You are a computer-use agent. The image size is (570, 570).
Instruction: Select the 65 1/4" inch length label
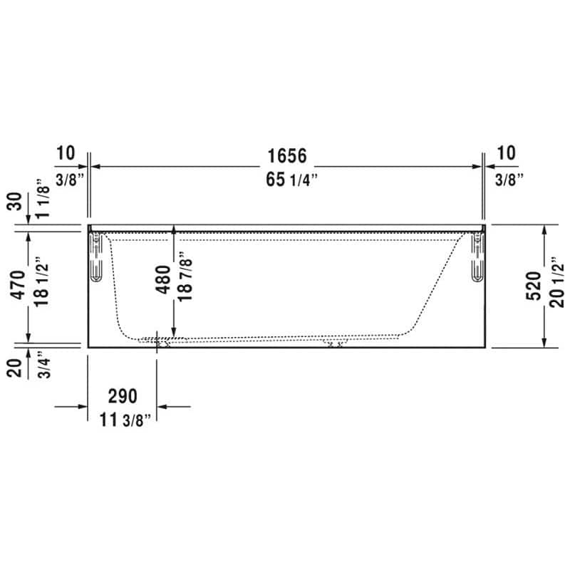point(291,179)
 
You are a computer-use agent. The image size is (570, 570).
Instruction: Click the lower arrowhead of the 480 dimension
point(174,331)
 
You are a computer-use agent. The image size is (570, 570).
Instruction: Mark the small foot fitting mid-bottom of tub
point(333,343)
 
